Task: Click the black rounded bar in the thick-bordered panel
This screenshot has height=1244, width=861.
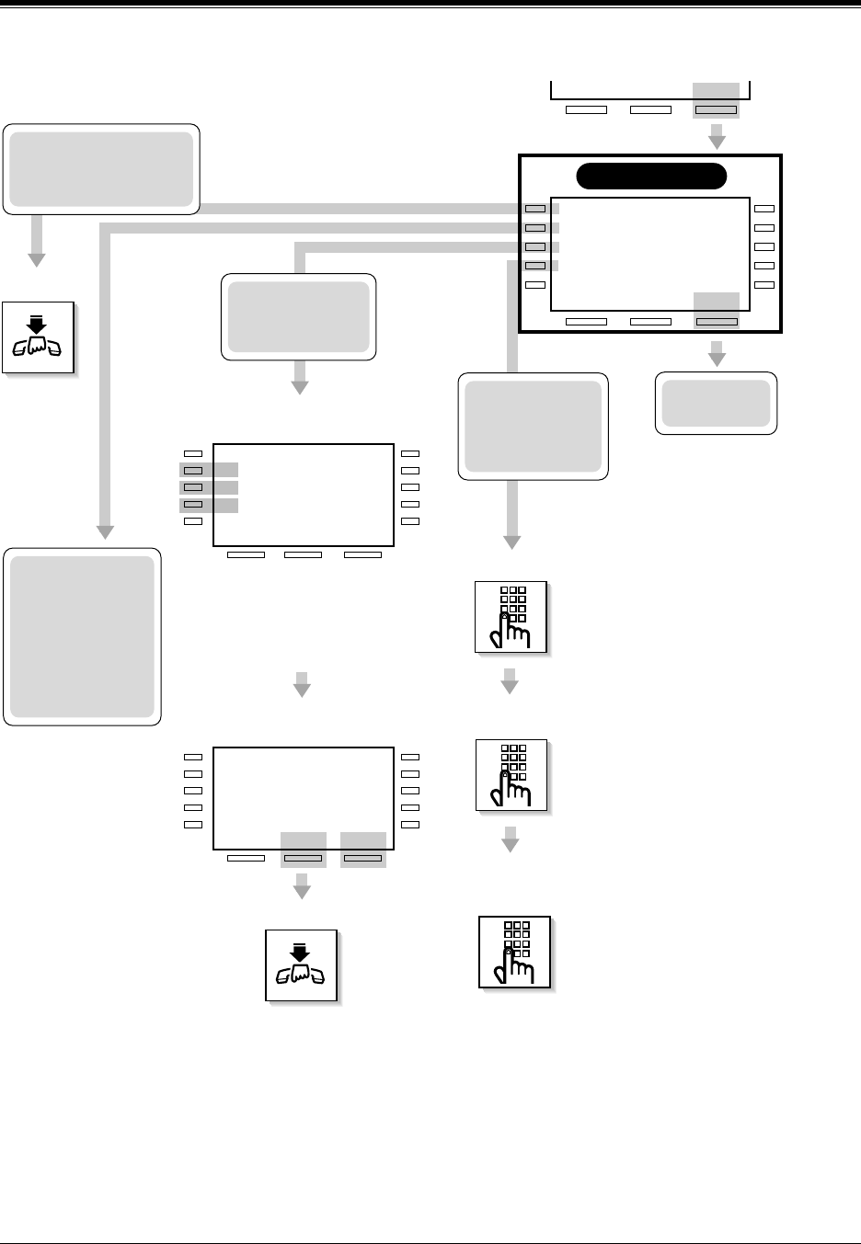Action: coord(650,176)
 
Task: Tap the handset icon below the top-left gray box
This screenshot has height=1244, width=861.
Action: coord(37,337)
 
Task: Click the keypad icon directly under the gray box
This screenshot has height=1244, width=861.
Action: coord(511,617)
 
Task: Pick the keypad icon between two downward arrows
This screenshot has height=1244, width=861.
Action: coord(511,774)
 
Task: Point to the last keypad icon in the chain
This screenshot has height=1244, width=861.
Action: coord(514,952)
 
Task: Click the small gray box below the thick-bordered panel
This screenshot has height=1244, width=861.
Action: coord(716,403)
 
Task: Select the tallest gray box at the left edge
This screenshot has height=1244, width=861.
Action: coord(83,636)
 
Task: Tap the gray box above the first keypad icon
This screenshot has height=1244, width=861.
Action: coord(534,426)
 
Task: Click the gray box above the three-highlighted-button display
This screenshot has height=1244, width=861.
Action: coord(299,316)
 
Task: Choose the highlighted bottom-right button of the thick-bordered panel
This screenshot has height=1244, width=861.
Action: coord(717,322)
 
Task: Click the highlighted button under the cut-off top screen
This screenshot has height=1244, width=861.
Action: coord(716,109)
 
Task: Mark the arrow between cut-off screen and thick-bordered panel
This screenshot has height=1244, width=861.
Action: coord(717,139)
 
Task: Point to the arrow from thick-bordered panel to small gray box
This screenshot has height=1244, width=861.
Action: coord(717,353)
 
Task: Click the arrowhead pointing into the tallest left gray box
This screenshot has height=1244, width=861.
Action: coord(106,531)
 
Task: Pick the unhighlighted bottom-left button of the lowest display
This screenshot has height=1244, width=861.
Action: coord(246,859)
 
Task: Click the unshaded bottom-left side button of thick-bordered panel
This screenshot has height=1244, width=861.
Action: coord(535,285)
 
